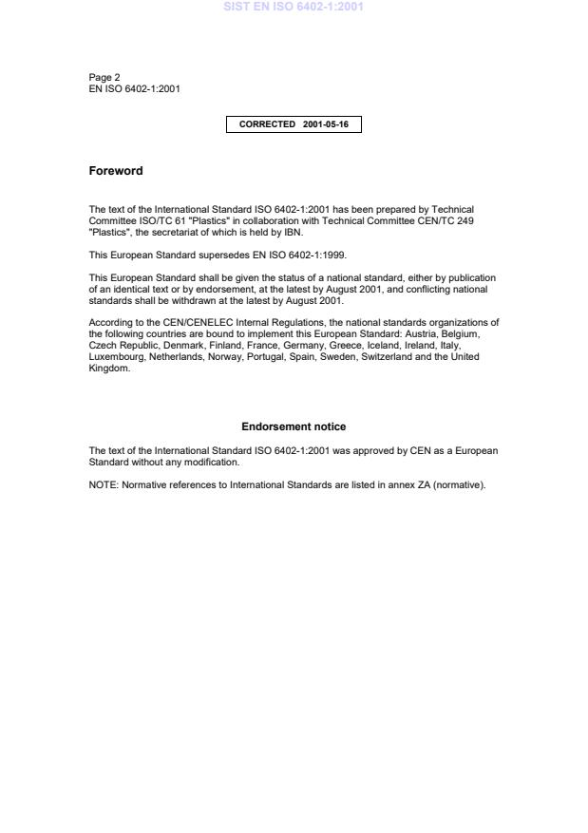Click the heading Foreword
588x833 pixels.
116,171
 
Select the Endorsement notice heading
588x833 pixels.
294,426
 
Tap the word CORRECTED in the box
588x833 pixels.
267,124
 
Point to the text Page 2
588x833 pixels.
104,78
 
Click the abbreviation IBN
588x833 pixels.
293,232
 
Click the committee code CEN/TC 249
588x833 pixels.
447,220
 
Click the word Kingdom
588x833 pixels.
108,369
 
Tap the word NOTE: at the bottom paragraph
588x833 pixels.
103,485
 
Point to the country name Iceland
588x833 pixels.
381,346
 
